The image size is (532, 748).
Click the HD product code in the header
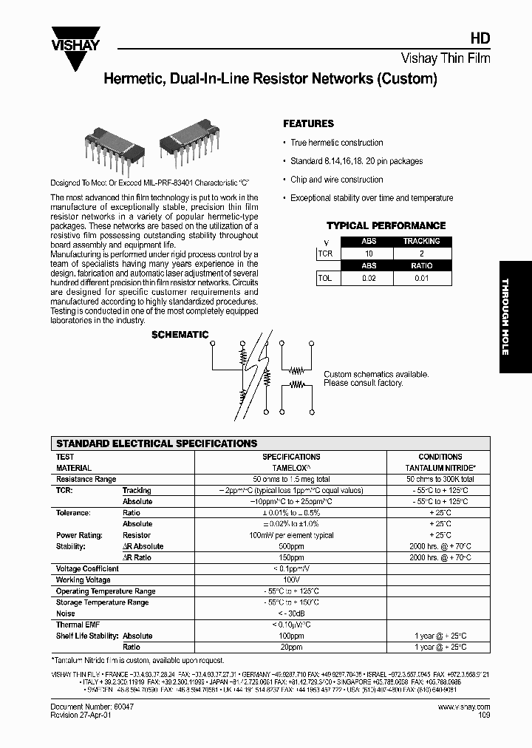coord(480,41)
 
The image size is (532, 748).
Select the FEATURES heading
coord(308,124)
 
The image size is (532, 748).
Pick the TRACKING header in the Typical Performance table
coord(421,242)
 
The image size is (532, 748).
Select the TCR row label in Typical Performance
coord(325,253)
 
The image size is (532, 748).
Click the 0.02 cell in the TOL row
coord(369,279)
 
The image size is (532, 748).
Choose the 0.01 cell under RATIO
coord(421,279)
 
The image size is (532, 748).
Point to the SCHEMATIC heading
coord(180,335)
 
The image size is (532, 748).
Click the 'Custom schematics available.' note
coord(375,375)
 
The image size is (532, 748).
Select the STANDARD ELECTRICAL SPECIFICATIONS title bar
coord(157,443)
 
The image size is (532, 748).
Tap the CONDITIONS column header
coord(440,457)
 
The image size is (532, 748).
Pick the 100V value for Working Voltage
coord(291,580)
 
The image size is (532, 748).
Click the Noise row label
coord(66,613)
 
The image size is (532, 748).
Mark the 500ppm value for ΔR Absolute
coord(291,546)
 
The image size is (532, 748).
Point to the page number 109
coord(483,715)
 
